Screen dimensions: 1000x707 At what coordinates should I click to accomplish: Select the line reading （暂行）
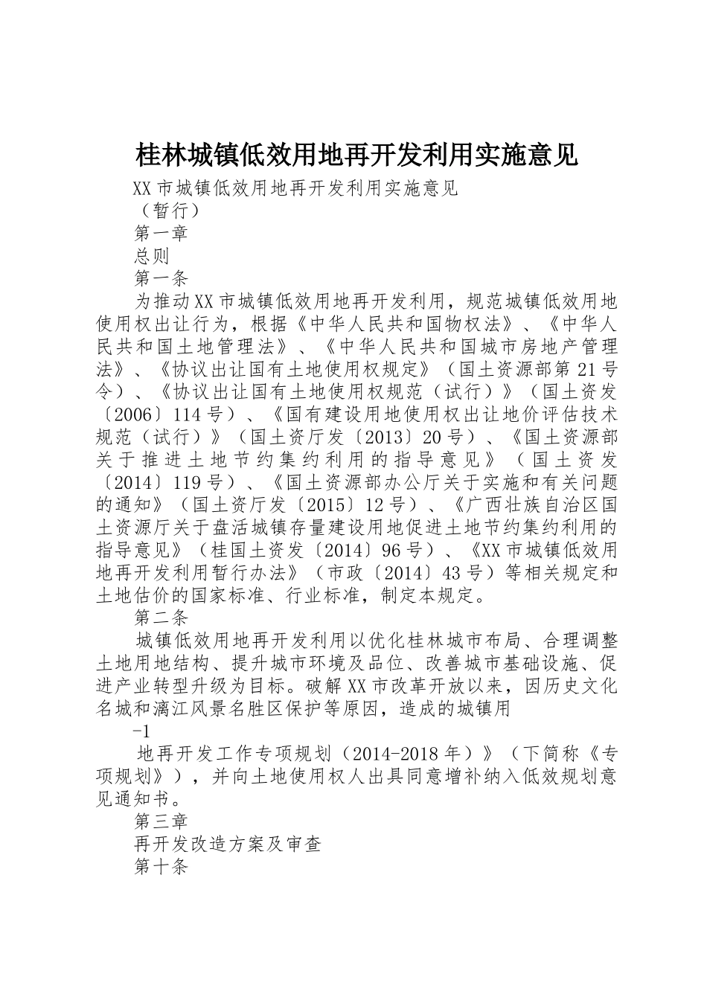tap(167, 211)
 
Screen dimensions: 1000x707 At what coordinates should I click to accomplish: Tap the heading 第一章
tap(161, 233)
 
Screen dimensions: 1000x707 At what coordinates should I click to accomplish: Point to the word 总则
tap(152, 256)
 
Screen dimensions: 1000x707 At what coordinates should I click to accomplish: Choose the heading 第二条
tap(161, 617)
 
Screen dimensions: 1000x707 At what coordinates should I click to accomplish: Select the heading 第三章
tap(161, 821)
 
